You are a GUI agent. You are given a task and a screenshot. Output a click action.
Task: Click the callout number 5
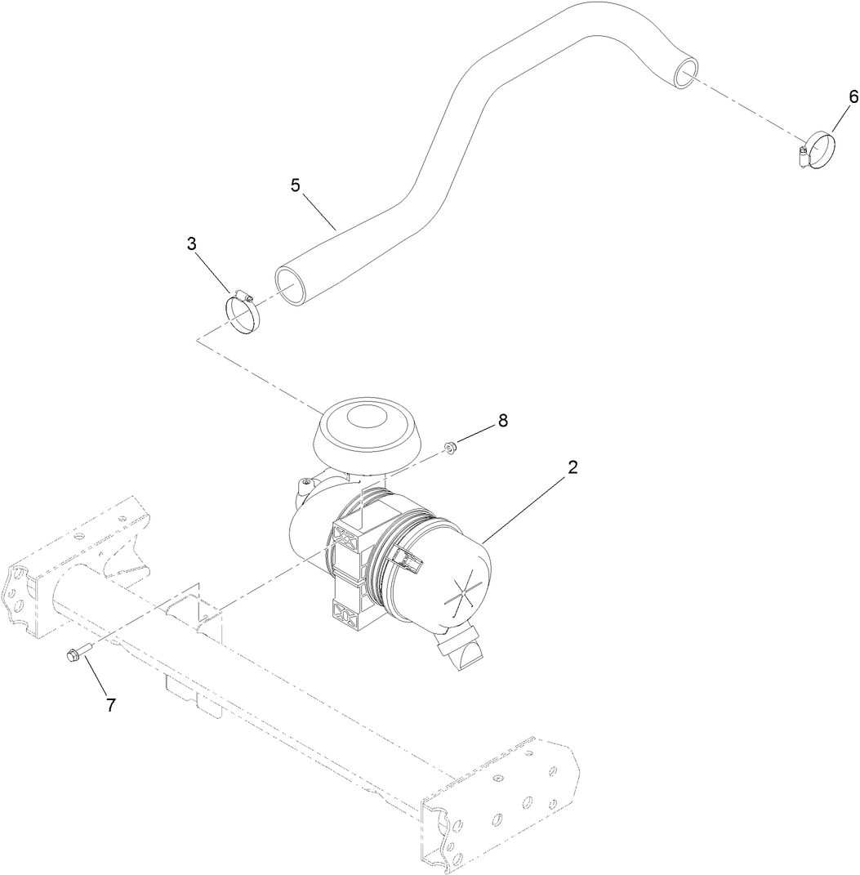tap(295, 185)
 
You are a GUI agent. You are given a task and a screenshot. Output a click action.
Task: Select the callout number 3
tap(191, 244)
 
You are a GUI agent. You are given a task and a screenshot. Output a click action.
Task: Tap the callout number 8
tap(502, 420)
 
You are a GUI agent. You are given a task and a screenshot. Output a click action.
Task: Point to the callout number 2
tap(573, 467)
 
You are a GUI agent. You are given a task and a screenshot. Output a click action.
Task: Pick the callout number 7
tap(111, 705)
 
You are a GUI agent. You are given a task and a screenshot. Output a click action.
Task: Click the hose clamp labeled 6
tap(818, 151)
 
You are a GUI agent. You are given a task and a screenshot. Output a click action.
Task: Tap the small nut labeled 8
tap(449, 446)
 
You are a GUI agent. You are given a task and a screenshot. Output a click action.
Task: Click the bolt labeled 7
tap(73, 654)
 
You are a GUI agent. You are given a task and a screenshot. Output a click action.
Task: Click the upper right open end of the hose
tap(685, 74)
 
